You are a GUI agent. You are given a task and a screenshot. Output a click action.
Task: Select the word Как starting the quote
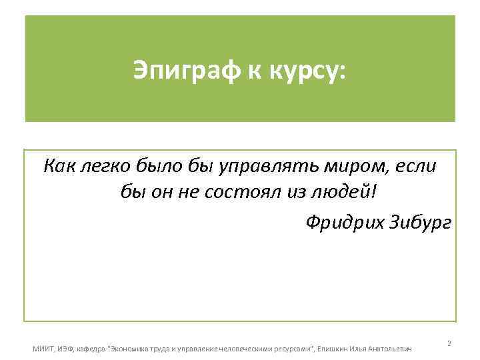[x=59, y=165]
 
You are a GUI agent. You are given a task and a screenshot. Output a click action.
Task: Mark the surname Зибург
[x=421, y=221]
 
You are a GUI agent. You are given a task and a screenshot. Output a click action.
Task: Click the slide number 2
[x=449, y=343]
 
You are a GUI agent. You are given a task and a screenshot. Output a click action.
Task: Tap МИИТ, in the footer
[x=43, y=348]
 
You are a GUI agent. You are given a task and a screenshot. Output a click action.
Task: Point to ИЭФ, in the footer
[x=66, y=348]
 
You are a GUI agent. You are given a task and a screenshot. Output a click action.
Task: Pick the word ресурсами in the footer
[x=292, y=348]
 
